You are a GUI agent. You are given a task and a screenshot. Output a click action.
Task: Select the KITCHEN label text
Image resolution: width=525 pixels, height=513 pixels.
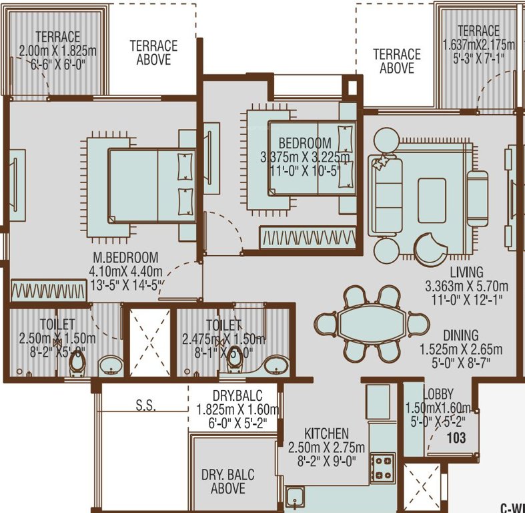[326, 434]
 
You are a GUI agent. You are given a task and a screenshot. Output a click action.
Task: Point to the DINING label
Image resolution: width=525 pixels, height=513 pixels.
[460, 335]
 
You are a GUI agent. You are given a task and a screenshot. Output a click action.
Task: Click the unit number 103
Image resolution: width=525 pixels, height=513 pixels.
[456, 438]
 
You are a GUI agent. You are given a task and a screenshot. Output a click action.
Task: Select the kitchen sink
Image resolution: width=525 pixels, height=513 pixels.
[294, 498]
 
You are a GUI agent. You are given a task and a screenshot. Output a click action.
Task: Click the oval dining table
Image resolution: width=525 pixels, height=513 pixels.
[361, 323]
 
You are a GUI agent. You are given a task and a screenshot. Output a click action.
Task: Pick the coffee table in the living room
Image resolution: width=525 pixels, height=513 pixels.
[432, 200]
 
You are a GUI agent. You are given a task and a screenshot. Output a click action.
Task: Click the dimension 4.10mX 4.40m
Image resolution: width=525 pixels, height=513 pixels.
[125, 272]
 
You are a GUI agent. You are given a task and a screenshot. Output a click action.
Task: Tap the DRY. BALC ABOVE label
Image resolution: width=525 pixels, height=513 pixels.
[227, 482]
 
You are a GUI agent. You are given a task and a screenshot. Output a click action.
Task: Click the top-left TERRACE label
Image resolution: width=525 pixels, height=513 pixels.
[57, 37]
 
